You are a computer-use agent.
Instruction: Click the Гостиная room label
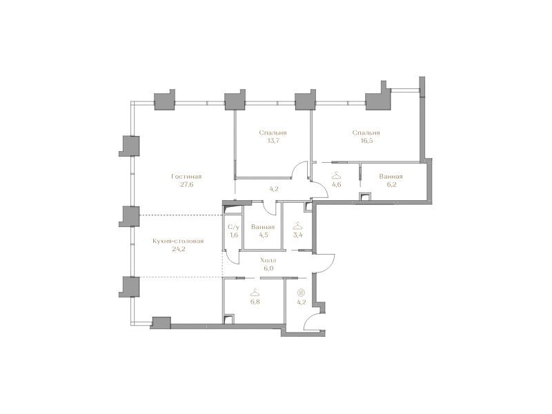click(186, 177)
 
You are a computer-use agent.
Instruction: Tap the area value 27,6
click(186, 184)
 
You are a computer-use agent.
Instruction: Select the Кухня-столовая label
click(178, 241)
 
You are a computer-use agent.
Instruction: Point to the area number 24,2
click(179, 249)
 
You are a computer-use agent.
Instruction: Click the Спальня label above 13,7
click(273, 132)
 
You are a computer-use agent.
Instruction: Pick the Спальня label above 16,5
click(366, 132)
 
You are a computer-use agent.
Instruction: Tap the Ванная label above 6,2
click(391, 177)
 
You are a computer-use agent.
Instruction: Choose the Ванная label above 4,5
click(263, 227)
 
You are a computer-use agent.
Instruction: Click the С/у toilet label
click(234, 227)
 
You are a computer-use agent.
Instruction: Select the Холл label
click(268, 260)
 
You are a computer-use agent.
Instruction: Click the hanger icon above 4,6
click(337, 175)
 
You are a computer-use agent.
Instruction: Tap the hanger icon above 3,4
click(298, 226)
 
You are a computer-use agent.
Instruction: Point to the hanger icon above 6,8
click(254, 293)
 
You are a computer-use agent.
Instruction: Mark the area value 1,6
click(234, 235)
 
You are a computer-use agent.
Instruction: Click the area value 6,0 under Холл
click(268, 268)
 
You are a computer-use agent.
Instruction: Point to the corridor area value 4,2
click(274, 188)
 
